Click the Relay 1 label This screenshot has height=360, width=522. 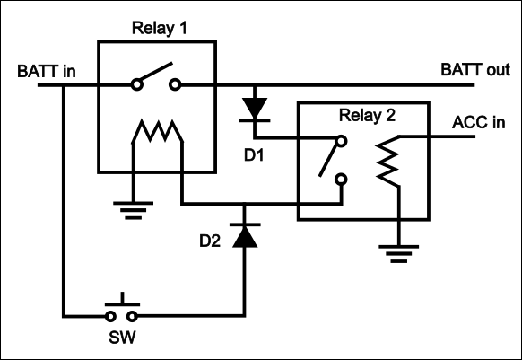click(x=159, y=28)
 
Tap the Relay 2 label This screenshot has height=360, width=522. click(x=367, y=115)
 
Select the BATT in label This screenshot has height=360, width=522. click(x=47, y=71)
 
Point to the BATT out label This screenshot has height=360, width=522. click(x=475, y=70)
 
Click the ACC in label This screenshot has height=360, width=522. click(x=478, y=123)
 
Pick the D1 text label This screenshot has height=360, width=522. click(x=254, y=155)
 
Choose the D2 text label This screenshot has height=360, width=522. click(x=210, y=241)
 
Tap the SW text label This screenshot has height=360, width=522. click(x=122, y=338)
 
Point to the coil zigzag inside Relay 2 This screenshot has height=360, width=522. click(x=387, y=161)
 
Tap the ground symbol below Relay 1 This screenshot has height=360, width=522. click(x=133, y=210)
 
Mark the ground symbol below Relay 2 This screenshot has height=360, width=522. click(x=399, y=254)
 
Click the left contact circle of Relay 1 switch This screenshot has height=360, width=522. click(x=136, y=84)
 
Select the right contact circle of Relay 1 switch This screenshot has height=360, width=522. click(x=175, y=84)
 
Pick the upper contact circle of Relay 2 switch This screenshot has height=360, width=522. click(x=341, y=141)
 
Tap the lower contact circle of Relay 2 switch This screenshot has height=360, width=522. click(x=341, y=180)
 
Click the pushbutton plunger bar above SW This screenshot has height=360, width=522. click(x=123, y=304)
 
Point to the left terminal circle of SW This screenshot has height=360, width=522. click(x=110, y=316)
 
